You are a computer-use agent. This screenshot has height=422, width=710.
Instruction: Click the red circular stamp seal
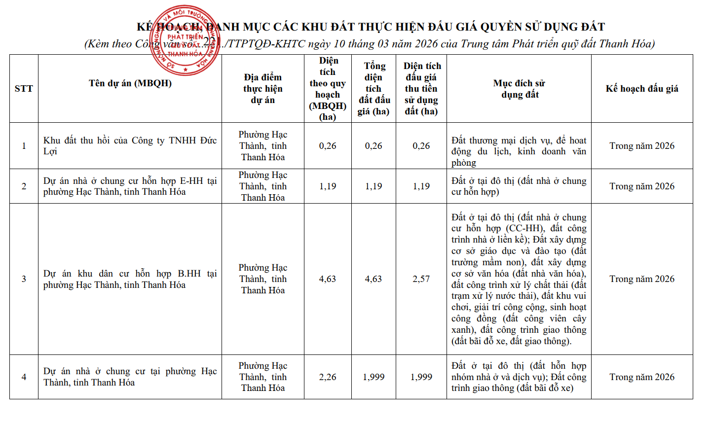[x=185, y=40]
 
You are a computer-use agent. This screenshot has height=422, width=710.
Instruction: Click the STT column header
[x=24, y=89]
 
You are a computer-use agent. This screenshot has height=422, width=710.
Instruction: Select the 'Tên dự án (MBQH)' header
[x=130, y=83]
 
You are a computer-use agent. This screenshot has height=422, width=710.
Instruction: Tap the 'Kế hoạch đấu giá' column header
[x=642, y=89]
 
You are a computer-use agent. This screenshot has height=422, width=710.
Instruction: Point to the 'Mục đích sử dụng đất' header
[x=520, y=89]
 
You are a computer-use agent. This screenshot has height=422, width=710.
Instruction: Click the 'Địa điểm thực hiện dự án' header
[x=262, y=89]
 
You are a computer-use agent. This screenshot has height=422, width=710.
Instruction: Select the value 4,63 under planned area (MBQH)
[x=328, y=279]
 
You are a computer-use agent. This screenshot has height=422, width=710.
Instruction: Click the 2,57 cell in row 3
[x=421, y=279]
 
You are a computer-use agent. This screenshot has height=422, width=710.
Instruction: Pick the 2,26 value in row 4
[x=328, y=377]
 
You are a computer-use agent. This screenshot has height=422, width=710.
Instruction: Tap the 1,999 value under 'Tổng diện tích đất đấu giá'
[x=374, y=377]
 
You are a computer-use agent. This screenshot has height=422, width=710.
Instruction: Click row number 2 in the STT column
[x=24, y=186]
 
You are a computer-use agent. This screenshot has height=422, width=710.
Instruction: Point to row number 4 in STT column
[x=24, y=377]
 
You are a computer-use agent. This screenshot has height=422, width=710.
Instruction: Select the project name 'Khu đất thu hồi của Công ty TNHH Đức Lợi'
[x=130, y=146]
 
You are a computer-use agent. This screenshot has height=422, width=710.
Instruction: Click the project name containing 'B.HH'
[x=130, y=279]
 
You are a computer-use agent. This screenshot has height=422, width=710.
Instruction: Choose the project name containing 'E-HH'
[x=130, y=186]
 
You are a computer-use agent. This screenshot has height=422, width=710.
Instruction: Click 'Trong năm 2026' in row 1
[x=642, y=146]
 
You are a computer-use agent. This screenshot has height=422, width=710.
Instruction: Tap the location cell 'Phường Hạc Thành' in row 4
[x=262, y=377]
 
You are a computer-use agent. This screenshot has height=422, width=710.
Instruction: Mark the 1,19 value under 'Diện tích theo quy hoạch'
[x=328, y=186]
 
